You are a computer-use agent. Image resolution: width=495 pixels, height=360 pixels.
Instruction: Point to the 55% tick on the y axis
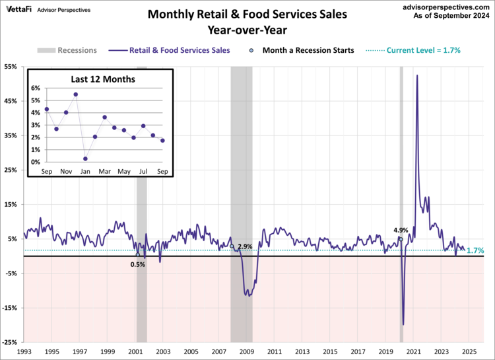click(x=11, y=67)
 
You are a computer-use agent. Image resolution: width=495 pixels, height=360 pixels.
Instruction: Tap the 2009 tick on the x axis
click(x=246, y=352)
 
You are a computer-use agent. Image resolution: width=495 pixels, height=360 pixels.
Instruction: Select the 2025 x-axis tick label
click(x=468, y=352)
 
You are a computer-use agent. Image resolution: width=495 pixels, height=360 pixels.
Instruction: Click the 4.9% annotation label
click(x=401, y=230)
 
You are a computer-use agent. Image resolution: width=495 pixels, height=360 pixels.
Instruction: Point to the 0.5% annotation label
click(x=137, y=264)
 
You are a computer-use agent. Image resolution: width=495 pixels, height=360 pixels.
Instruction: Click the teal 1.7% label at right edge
click(x=476, y=251)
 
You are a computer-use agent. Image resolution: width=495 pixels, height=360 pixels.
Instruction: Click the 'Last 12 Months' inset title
click(x=103, y=79)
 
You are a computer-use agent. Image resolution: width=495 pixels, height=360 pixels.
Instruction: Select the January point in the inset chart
click(x=85, y=159)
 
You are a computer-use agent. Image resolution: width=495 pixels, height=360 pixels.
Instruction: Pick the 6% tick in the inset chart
click(x=36, y=88)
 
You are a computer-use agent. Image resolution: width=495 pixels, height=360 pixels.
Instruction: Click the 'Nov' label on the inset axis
click(x=66, y=172)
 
